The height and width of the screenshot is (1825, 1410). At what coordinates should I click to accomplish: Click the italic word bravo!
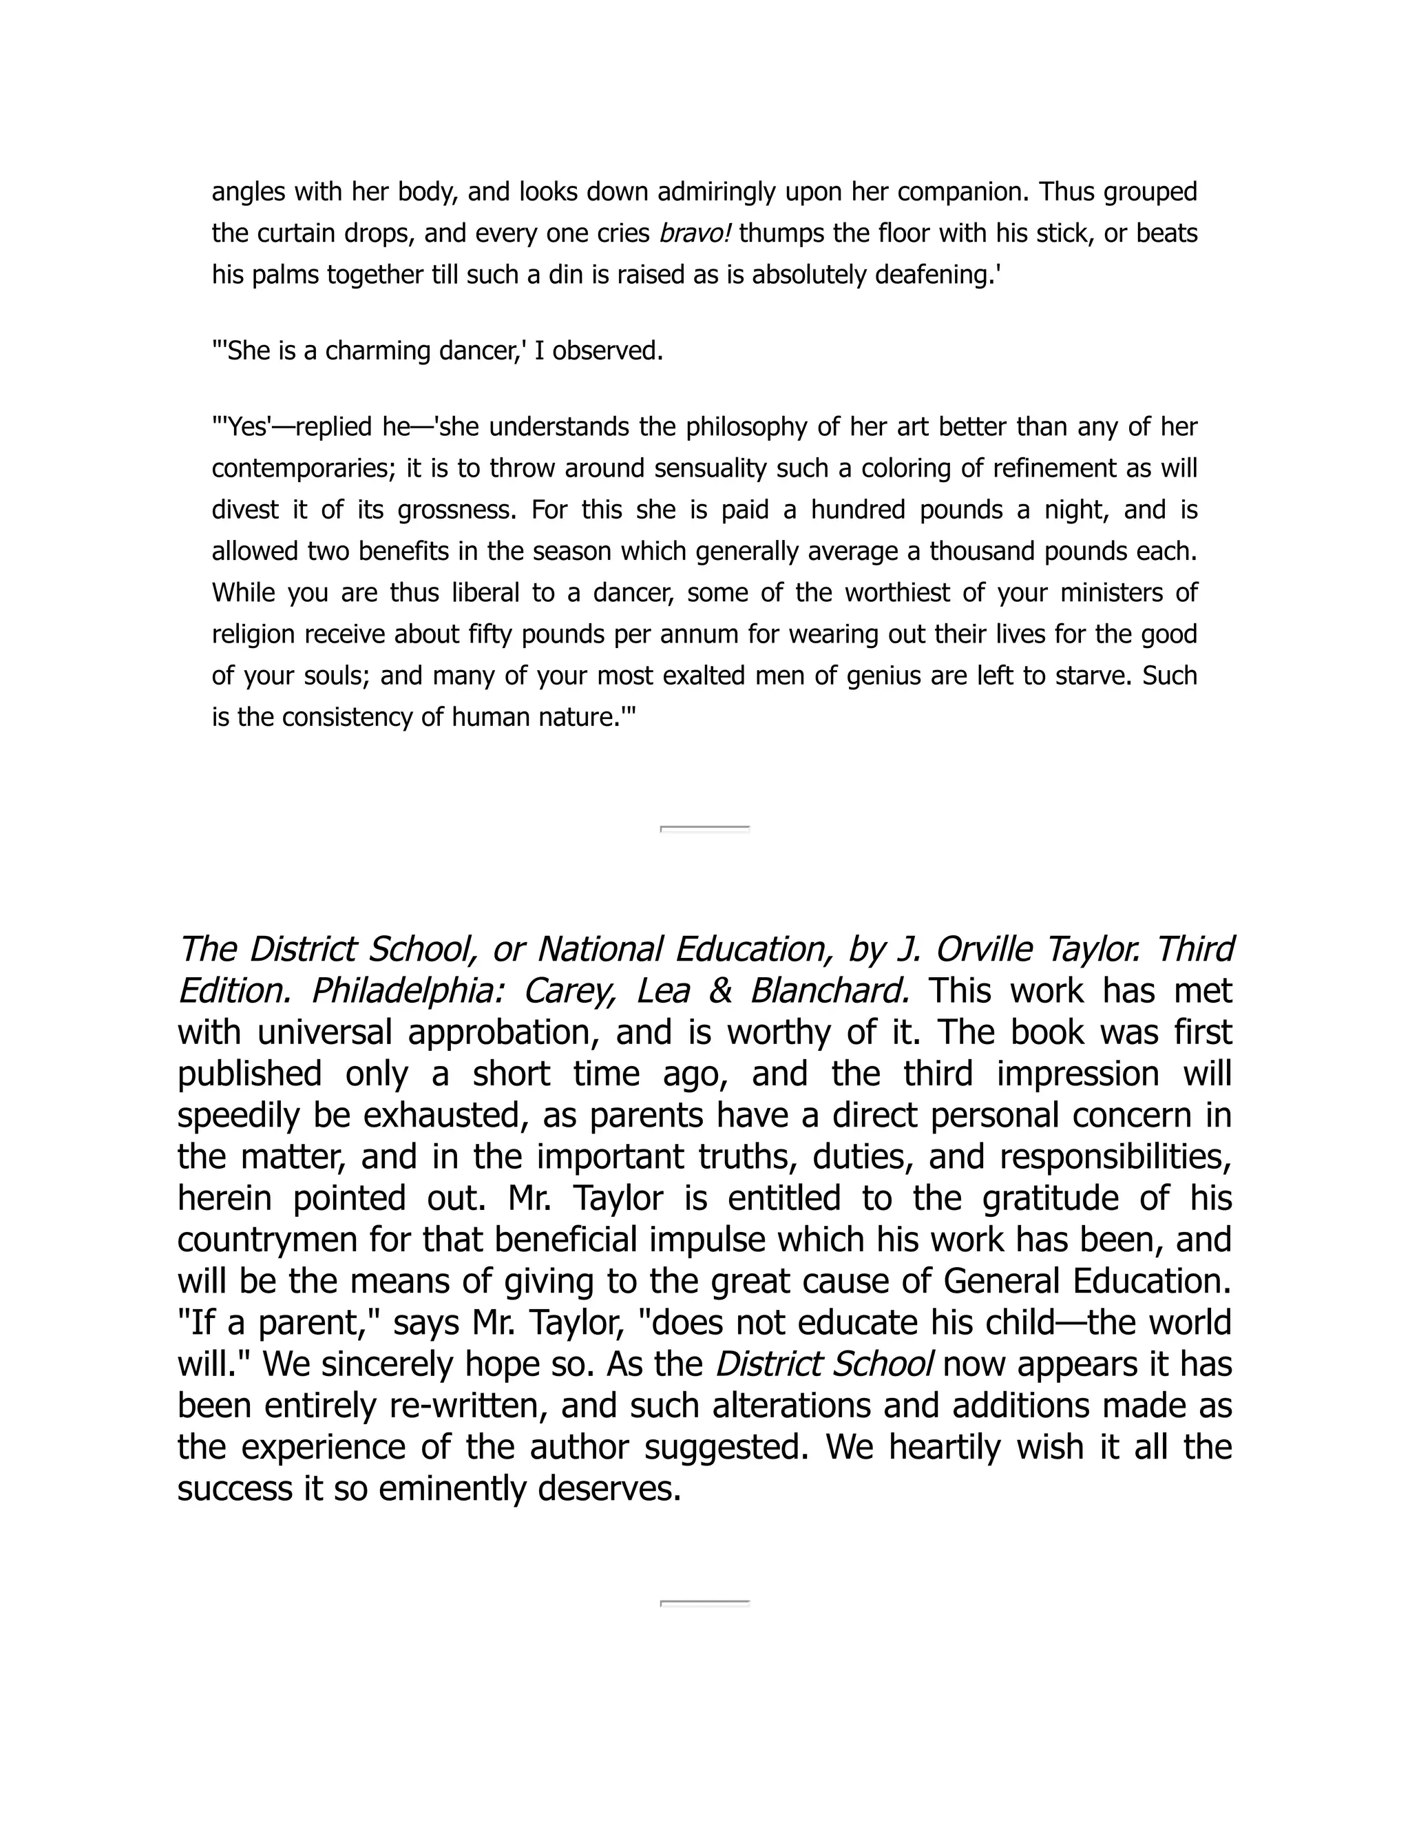pyautogui.click(x=695, y=233)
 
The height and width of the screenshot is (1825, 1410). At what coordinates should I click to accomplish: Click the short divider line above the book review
pyautogui.click(x=705, y=829)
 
